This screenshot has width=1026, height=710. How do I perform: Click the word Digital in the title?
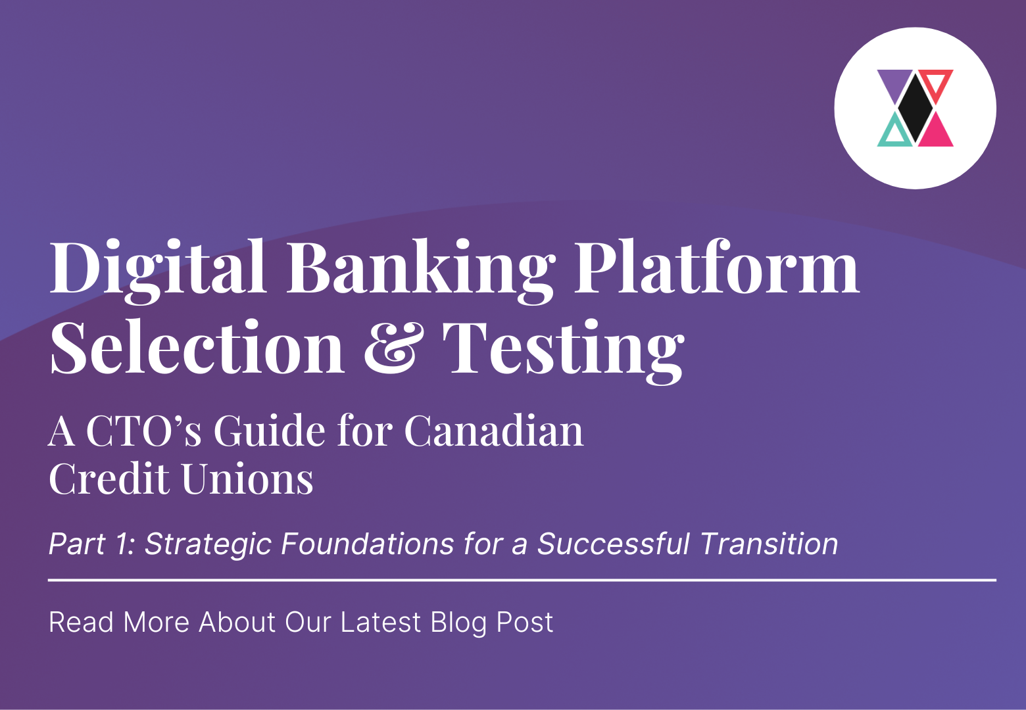pyautogui.click(x=158, y=271)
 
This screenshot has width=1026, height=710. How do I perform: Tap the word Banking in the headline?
pyautogui.click(x=421, y=271)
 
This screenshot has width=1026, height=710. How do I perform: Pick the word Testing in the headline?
pyautogui.click(x=564, y=351)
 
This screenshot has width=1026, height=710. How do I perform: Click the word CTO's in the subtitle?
pyautogui.click(x=143, y=431)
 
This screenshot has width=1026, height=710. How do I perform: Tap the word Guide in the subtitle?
pyautogui.click(x=270, y=431)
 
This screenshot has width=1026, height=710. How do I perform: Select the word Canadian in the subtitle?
pyautogui.click(x=494, y=431)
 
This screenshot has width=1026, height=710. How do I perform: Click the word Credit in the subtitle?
pyautogui.click(x=109, y=479)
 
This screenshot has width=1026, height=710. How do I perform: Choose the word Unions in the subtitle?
pyautogui.click(x=247, y=479)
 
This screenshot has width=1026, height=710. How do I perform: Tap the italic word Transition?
pyautogui.click(x=769, y=544)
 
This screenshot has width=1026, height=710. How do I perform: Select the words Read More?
pyautogui.click(x=119, y=622)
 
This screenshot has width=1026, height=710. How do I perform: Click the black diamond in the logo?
pyautogui.click(x=915, y=108)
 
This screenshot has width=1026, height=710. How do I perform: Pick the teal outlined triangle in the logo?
pyautogui.click(x=895, y=132)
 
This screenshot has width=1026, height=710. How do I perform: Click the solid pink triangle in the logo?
pyautogui.click(x=937, y=133)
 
